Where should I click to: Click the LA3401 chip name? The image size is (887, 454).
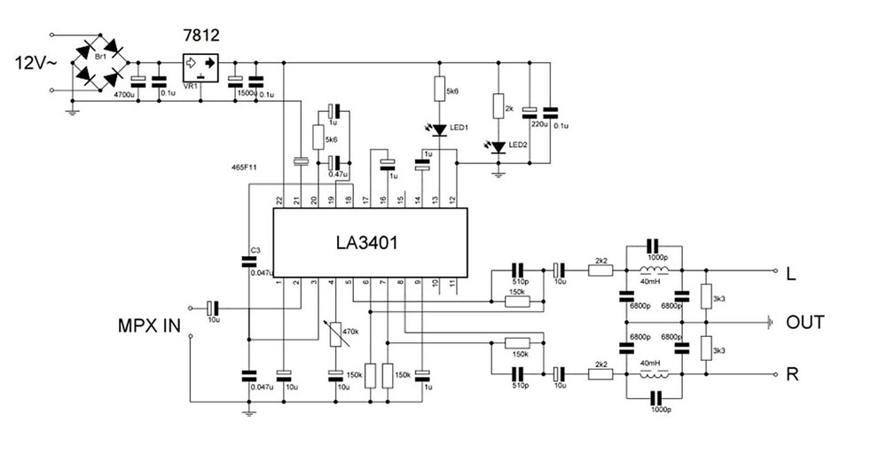365,242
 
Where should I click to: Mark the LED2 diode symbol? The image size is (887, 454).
498,146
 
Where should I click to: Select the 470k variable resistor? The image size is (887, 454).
334,333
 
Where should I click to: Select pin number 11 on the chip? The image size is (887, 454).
452,282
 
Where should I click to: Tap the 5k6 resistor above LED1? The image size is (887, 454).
439,90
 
